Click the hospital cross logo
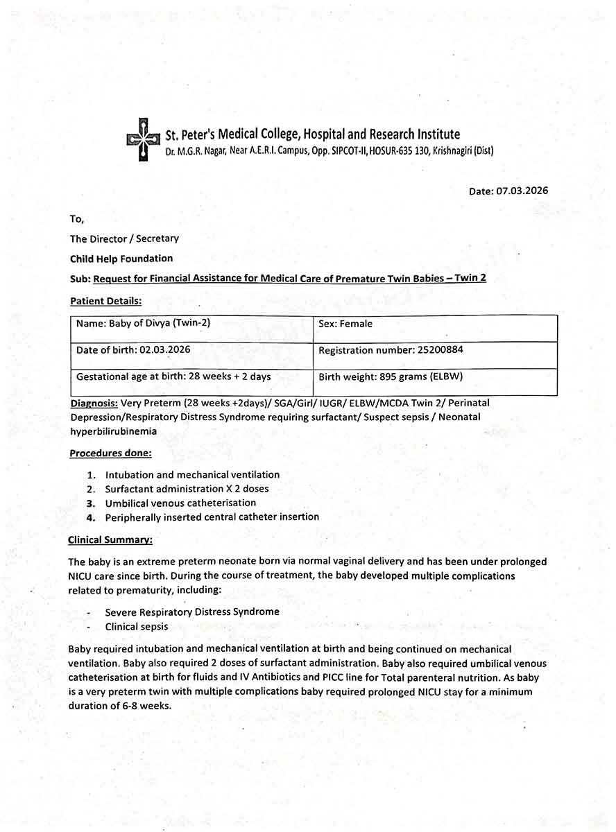click(x=142, y=139)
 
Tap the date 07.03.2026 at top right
click(x=522, y=191)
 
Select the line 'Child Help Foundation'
click(x=121, y=259)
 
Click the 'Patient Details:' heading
click(x=106, y=301)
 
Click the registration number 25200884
click(x=440, y=350)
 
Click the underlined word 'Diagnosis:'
click(x=94, y=403)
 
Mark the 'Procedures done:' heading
click(x=110, y=453)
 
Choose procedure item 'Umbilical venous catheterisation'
click(x=180, y=503)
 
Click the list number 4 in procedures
click(x=91, y=517)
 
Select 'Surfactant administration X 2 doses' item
click(x=187, y=489)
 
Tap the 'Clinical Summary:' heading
click(x=110, y=539)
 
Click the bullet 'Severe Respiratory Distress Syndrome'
click(x=192, y=612)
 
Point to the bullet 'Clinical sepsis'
click(x=137, y=627)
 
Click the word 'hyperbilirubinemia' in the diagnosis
click(x=113, y=431)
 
